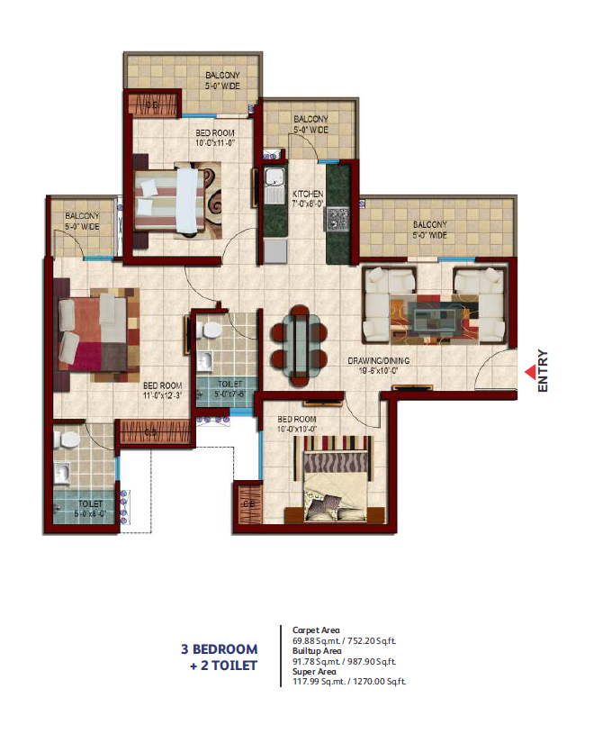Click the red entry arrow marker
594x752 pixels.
pyautogui.click(x=528, y=367)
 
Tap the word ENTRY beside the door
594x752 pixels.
pyautogui.click(x=543, y=369)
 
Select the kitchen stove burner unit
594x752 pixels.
pyautogui.click(x=340, y=218)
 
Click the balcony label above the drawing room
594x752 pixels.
pyautogui.click(x=429, y=230)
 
